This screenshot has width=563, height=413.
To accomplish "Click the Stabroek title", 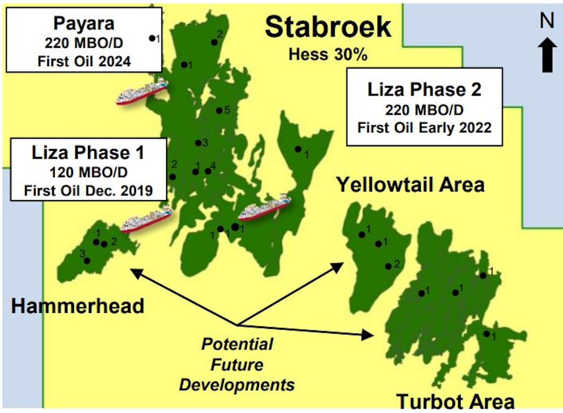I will [x=328, y=27].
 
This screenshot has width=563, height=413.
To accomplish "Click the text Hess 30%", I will [x=328, y=54].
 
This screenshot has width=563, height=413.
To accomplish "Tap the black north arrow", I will [x=547, y=55].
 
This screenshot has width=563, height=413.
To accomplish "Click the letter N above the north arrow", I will [x=547, y=20].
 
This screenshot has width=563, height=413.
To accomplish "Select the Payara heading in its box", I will [x=84, y=23].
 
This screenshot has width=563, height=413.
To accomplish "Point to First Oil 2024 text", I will [x=84, y=61].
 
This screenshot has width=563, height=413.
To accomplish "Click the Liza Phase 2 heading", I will [x=424, y=90].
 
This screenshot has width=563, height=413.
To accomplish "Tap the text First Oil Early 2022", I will [x=424, y=128].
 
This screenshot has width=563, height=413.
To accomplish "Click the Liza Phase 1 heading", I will [x=88, y=153].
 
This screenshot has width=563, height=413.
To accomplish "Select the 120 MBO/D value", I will [x=88, y=172].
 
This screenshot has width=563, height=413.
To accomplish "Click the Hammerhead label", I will [x=77, y=306].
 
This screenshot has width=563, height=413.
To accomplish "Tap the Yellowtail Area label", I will [x=410, y=185].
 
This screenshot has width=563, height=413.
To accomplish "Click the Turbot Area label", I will [x=455, y=402].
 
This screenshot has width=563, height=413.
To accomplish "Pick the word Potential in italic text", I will [x=237, y=344].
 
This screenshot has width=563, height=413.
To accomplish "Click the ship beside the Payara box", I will [x=142, y=91].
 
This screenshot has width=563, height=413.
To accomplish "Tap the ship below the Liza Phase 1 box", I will [x=147, y=219].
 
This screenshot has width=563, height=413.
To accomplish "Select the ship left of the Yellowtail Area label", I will [x=265, y=207].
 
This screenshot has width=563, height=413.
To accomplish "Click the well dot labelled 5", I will [x=219, y=111].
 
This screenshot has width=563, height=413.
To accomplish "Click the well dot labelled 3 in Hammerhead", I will [x=87, y=260].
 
